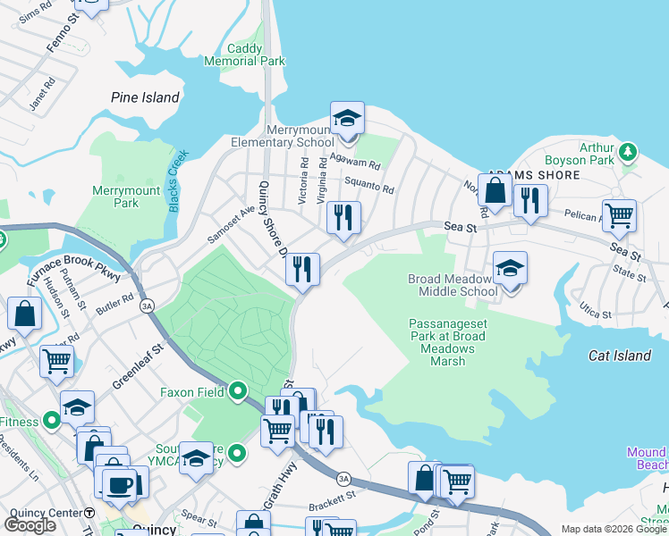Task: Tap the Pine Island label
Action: click(x=145, y=97)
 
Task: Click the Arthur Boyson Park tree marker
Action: click(x=628, y=150)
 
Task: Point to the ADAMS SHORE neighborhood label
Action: click(x=533, y=176)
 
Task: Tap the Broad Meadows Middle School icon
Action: click(x=510, y=268)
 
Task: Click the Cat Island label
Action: click(x=619, y=356)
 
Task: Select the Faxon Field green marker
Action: click(x=237, y=390)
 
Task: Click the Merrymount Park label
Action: click(x=126, y=197)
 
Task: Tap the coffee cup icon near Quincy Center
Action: click(x=118, y=483)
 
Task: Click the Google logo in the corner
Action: click(x=30, y=524)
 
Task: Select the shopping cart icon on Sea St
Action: click(x=619, y=215)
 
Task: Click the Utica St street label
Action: click(x=594, y=314)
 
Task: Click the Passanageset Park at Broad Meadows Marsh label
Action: click(x=447, y=342)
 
